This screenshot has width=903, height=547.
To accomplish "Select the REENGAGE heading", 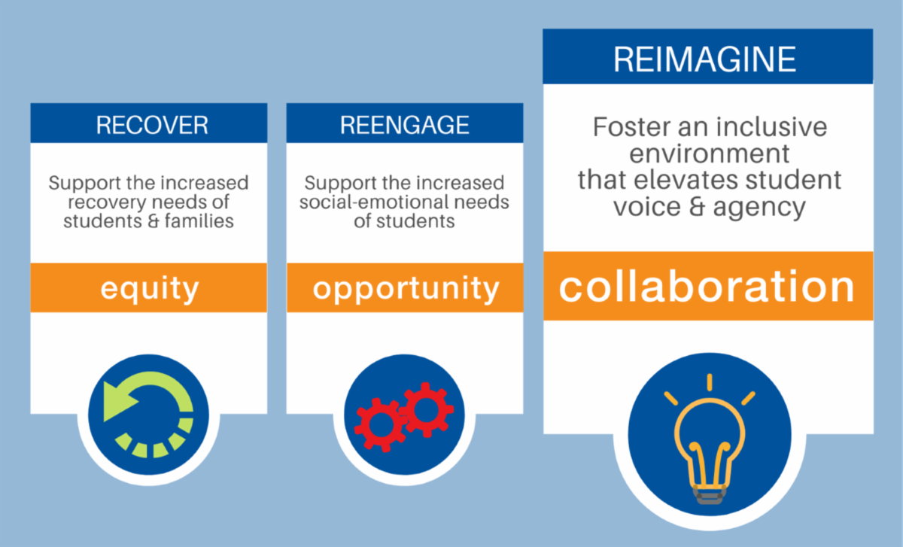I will [405, 124].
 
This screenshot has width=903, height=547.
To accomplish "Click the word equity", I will [148, 288].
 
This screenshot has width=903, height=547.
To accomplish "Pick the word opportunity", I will [406, 289].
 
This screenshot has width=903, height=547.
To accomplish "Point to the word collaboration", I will [707, 287].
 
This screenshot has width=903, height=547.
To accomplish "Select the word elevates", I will [696, 180].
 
